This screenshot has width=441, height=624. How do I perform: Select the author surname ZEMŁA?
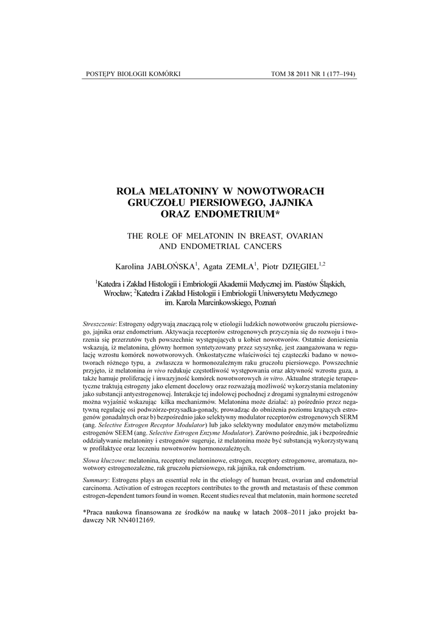[x=239, y=266]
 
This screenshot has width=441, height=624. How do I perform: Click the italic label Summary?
[x=96, y=497]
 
